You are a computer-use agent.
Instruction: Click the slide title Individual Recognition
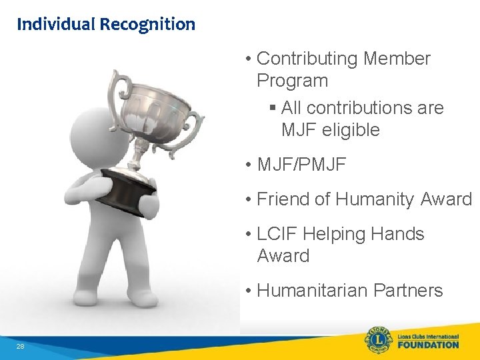point(106,25)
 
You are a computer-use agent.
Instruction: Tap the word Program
point(292,81)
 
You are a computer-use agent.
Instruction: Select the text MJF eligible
point(330,129)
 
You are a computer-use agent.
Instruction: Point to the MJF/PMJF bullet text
point(301,164)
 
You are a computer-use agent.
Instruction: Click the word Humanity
point(375,199)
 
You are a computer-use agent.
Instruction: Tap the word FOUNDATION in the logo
point(429,345)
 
